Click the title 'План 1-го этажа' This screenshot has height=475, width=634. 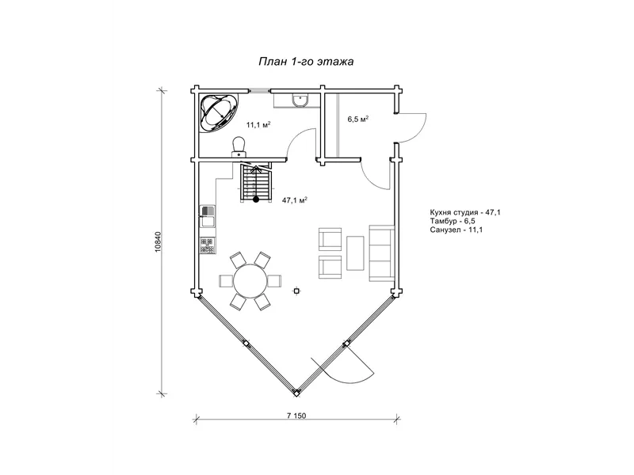point(306,62)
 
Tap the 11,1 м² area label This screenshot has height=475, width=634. point(258,124)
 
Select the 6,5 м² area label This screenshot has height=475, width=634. point(358,120)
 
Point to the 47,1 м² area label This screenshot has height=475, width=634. point(295,200)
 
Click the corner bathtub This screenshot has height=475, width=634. point(219,112)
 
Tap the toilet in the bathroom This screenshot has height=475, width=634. point(239,146)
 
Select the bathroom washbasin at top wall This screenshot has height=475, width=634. point(300,101)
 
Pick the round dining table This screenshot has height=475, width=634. point(250,281)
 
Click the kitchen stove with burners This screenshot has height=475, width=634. point(208,245)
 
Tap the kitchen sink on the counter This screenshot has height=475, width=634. point(208,217)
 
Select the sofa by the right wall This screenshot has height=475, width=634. point(381,253)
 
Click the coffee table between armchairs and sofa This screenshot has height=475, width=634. point(355,253)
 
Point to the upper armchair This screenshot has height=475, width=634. point(330,240)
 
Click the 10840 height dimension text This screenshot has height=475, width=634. point(158,241)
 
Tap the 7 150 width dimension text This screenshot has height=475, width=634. point(296,416)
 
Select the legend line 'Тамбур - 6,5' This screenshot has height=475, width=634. point(453,222)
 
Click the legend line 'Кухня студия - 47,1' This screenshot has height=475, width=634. point(465,212)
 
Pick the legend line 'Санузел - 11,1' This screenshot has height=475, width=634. point(456,230)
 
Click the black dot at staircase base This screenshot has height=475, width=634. point(256,199)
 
